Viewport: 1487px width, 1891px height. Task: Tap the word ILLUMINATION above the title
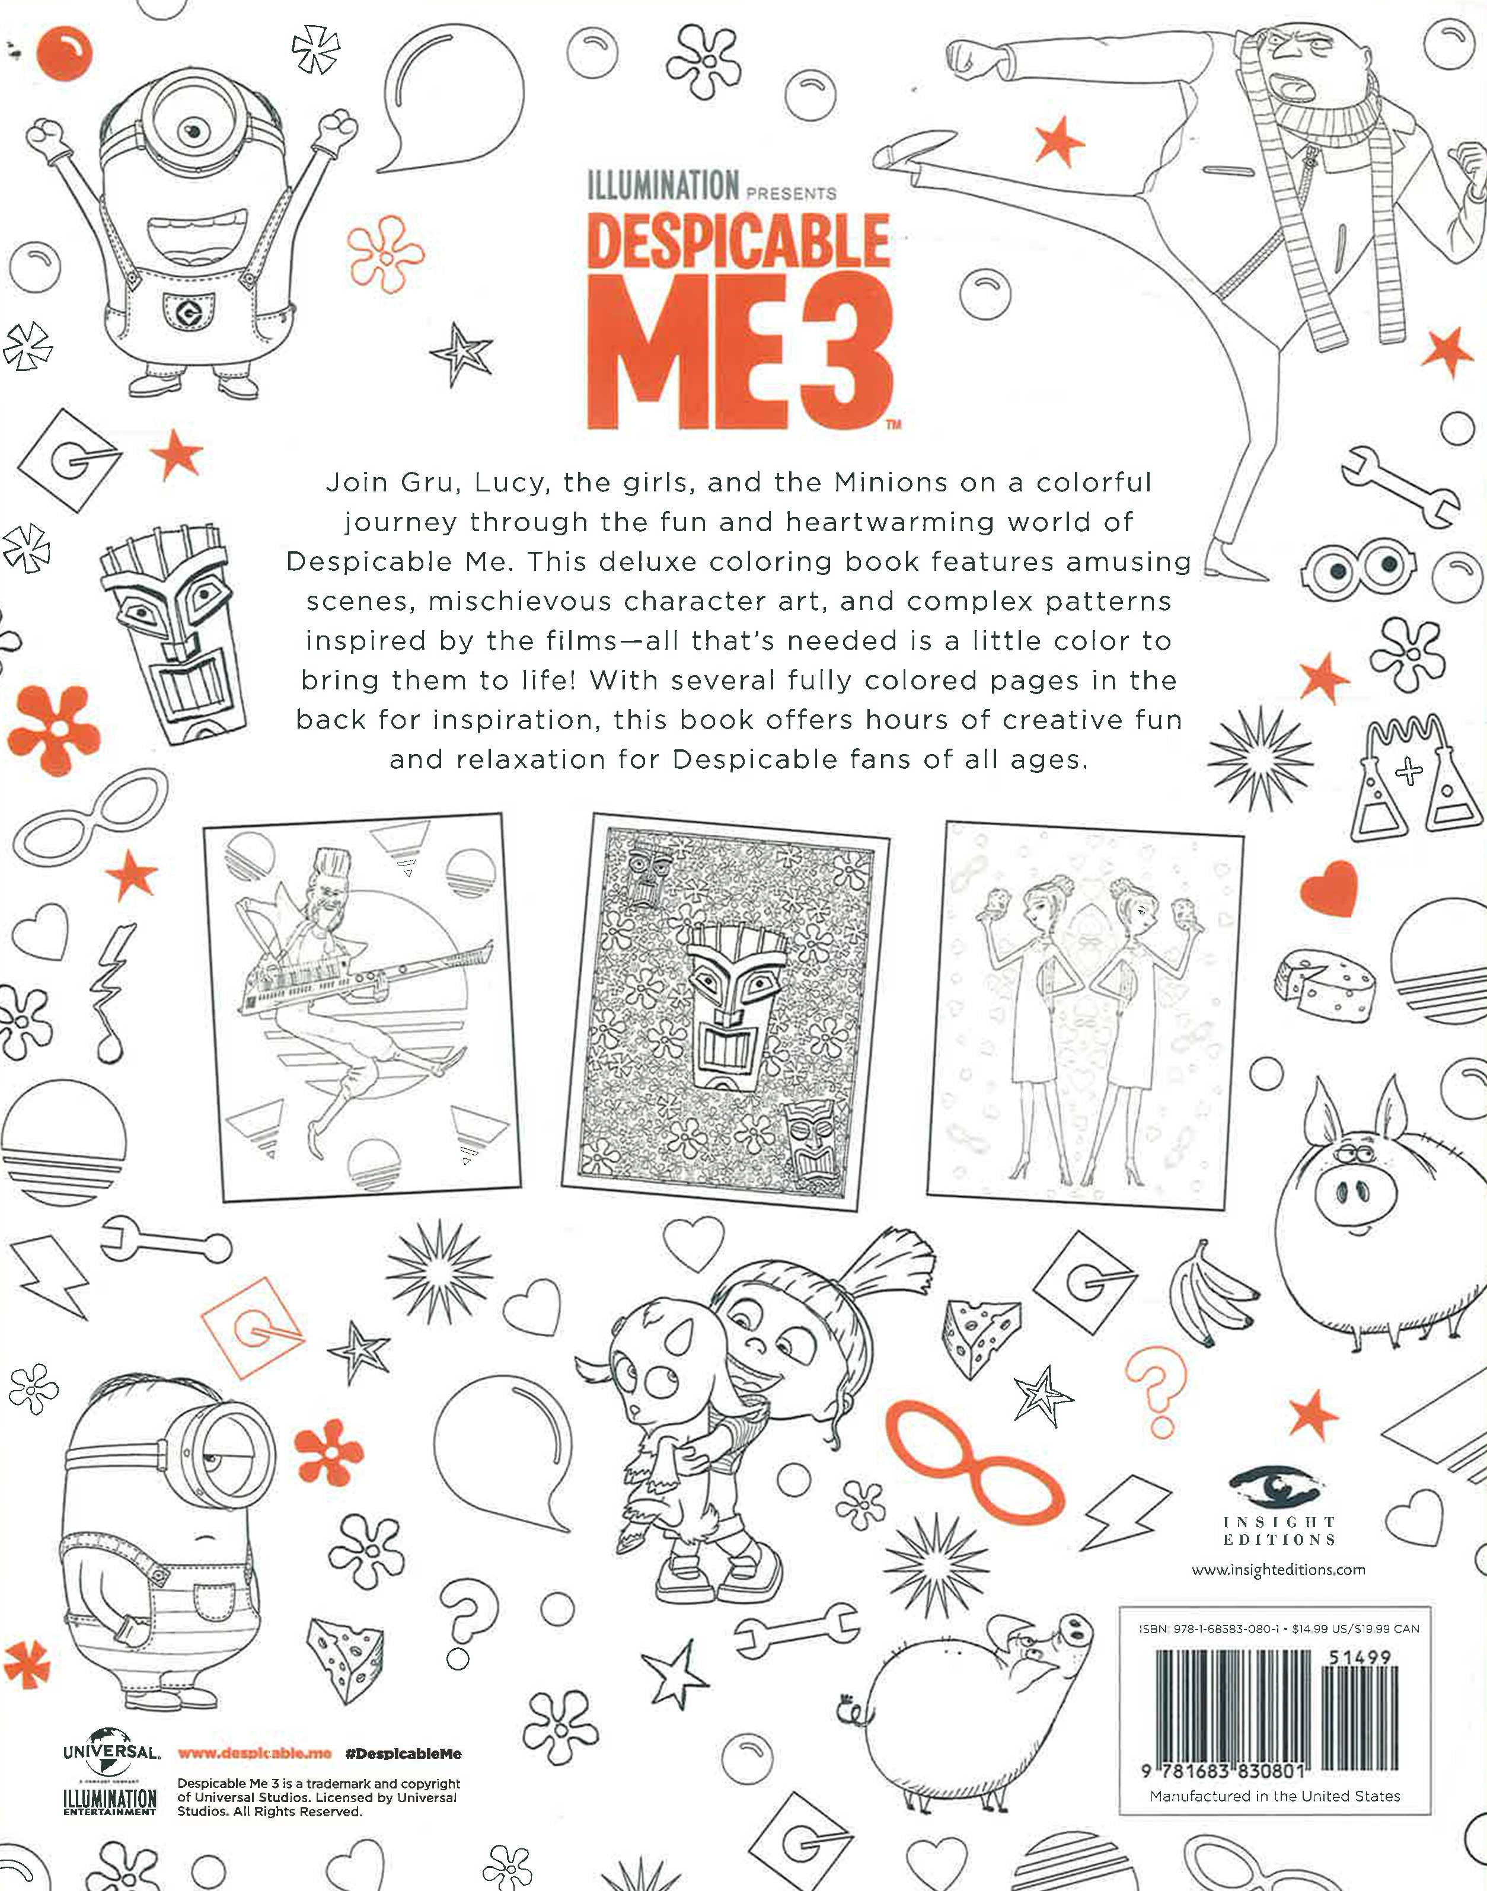coord(662,186)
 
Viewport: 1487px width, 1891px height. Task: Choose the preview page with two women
coord(1085,1015)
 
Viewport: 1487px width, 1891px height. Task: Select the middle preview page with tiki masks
coord(725,1011)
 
